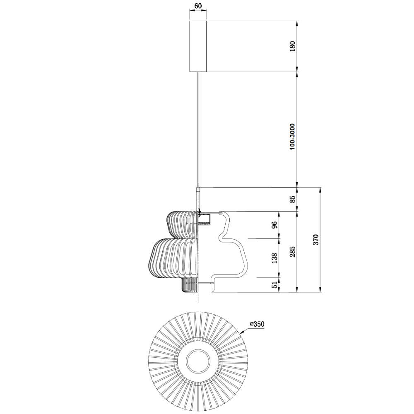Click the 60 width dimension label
click(198, 5)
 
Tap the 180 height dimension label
click(293, 46)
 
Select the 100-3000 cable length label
click(292, 137)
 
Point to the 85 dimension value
click(293, 199)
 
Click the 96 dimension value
click(274, 225)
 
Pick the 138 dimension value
click(274, 258)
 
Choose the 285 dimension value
click(293, 252)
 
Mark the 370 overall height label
click(316, 239)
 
